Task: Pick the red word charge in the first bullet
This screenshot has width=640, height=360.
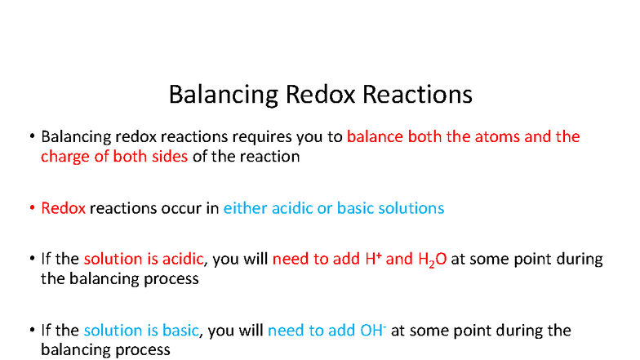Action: (65, 156)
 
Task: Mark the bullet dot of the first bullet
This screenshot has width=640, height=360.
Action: (30, 137)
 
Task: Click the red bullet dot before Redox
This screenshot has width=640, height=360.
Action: (30, 209)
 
